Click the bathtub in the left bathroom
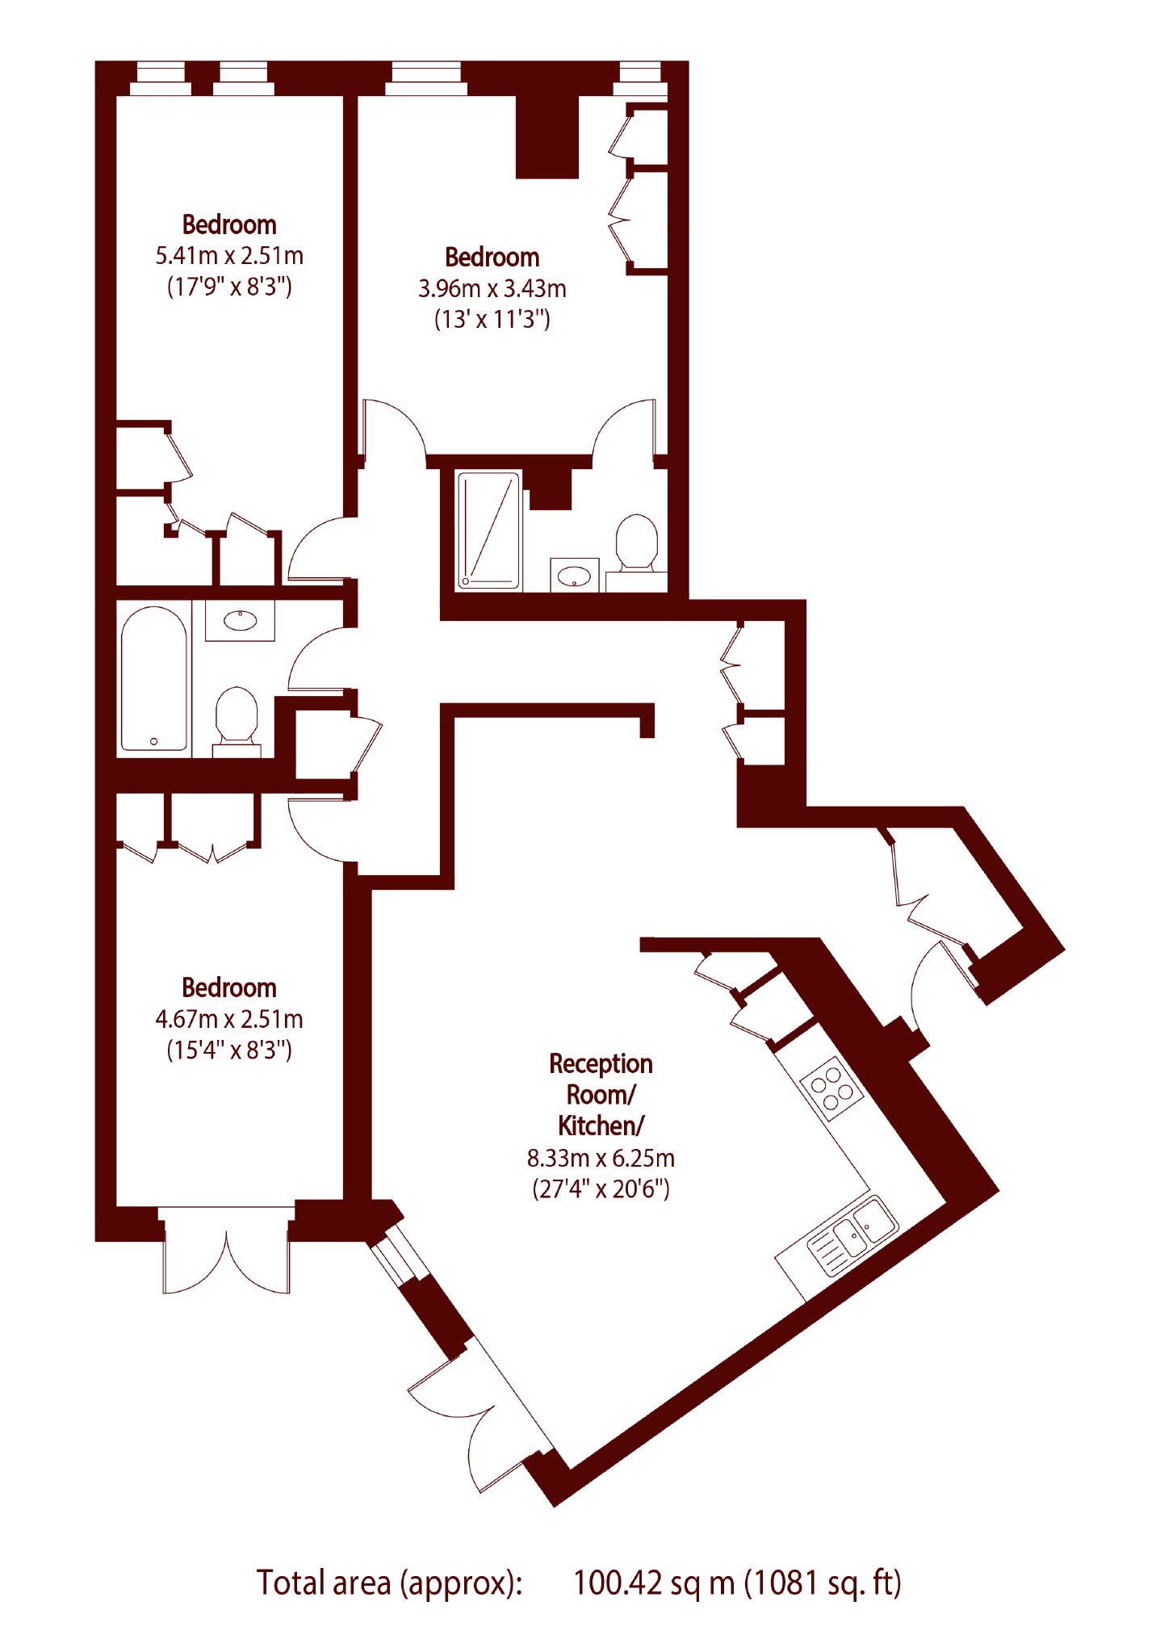[x=154, y=680]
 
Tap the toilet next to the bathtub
[x=237, y=721]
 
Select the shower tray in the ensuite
[x=489, y=530]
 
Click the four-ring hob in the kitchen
[x=831, y=1089]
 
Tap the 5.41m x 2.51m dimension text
[x=229, y=256]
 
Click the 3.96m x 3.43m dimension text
[x=492, y=288]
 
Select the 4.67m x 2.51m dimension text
[x=229, y=1019]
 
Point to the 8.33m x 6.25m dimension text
[x=601, y=1158]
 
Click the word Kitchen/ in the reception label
[x=601, y=1125]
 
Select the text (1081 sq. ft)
[x=823, y=1583]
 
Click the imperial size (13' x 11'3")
[x=492, y=319]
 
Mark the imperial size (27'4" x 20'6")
[x=601, y=1189]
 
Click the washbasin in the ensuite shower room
[x=575, y=575]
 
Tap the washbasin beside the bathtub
[x=240, y=620]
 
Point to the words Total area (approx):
[x=390, y=1583]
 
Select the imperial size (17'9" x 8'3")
[x=229, y=287]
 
